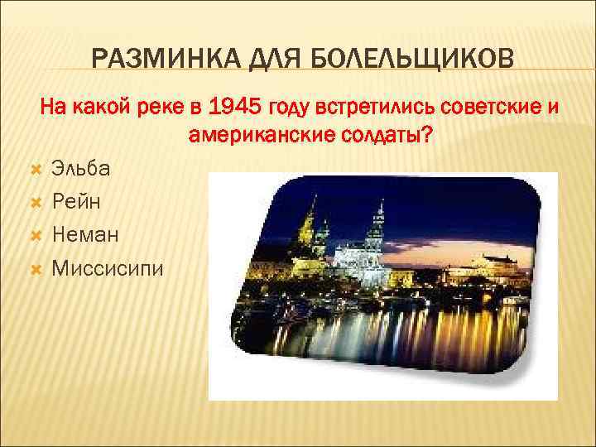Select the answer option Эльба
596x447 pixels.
[79, 168]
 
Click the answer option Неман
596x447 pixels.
[84, 234]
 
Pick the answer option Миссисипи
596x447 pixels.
[107, 267]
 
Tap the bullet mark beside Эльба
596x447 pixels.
[35, 169]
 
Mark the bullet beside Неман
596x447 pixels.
[35, 235]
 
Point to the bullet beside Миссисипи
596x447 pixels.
[35, 268]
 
